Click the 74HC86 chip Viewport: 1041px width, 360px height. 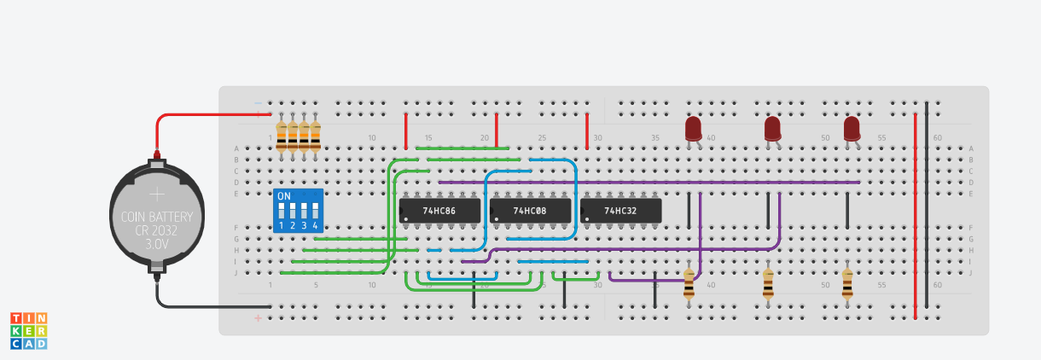pos(439,210)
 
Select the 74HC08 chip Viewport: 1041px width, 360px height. pos(529,210)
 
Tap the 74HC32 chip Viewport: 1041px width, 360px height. pos(620,210)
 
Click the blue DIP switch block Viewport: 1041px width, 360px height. pos(298,211)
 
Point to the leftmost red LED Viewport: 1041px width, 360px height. pos(693,129)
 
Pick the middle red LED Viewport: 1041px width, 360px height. pos(772,129)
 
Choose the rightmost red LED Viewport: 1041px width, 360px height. pos(852,129)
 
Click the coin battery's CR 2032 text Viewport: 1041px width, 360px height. pos(157,230)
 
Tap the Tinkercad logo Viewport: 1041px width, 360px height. pos(28,330)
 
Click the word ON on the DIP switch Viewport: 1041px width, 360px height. pos(284,196)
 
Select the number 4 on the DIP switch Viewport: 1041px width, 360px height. pos(315,225)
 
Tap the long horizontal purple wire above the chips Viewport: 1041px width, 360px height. pos(648,182)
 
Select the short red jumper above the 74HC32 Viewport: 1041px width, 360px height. pos(587,131)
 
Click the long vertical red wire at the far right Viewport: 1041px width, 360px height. pos(915,213)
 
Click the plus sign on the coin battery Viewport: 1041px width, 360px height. pos(157,195)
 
